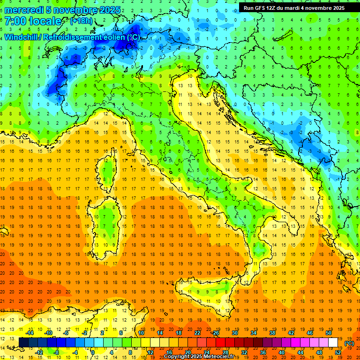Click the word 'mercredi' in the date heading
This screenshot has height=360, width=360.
(x=24, y=10)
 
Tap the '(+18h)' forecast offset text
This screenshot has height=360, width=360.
(x=81, y=21)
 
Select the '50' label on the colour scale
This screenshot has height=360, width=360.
(x=328, y=332)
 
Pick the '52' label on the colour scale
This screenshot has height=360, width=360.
(x=338, y=352)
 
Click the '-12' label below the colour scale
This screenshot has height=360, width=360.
(x=39, y=352)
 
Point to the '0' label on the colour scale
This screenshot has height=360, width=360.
(x=93, y=352)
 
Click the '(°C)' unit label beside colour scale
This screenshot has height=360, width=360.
(x=349, y=343)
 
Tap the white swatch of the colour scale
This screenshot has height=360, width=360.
(x=333, y=342)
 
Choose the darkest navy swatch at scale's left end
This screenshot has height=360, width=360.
(x=23, y=342)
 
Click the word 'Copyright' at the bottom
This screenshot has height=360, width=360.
(x=178, y=357)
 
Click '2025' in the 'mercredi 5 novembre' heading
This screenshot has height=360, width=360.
(x=109, y=10)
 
